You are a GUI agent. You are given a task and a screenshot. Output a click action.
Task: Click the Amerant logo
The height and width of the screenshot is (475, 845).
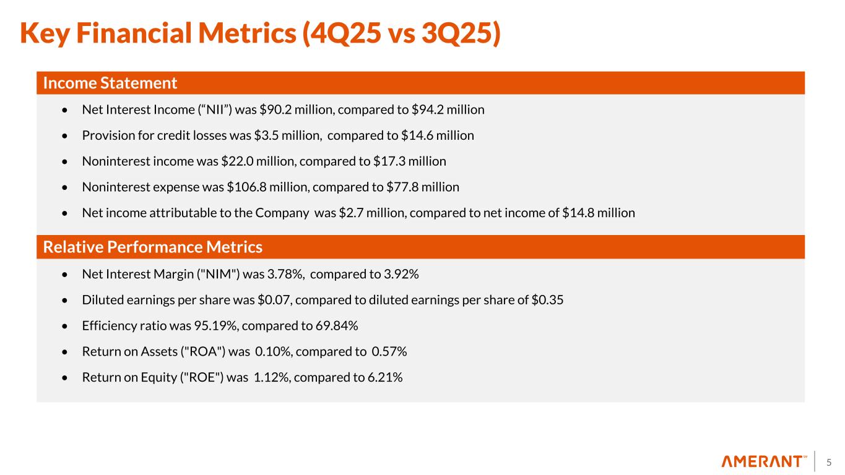tap(764, 461)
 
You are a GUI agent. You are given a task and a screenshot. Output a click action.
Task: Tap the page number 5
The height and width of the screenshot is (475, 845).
tap(830, 461)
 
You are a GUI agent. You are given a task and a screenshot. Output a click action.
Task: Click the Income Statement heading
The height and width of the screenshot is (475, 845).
tap(110, 83)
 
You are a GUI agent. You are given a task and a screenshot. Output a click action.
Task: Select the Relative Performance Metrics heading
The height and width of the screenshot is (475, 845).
tap(152, 247)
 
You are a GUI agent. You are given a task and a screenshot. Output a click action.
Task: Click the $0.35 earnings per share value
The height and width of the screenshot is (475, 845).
tap(548, 300)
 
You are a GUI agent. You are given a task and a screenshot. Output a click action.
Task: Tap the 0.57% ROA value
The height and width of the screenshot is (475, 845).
tap(389, 352)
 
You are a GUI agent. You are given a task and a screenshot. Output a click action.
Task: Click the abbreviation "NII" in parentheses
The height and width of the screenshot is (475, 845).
tap(186, 110)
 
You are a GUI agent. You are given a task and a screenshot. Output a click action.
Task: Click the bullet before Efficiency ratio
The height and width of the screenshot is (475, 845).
tap(66, 327)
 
